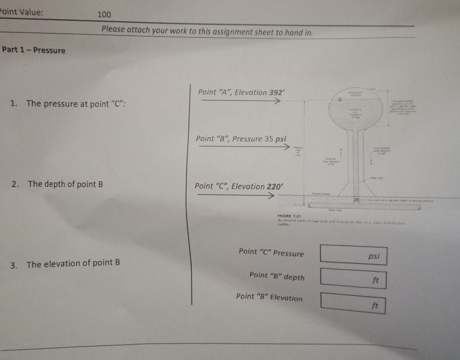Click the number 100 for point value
click(x=104, y=14)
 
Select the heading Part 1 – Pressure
click(x=33, y=50)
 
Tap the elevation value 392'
click(x=277, y=92)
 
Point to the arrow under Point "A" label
click(x=240, y=100)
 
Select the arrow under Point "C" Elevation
click(x=236, y=195)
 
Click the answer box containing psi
click(x=353, y=255)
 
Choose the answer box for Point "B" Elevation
click(x=353, y=303)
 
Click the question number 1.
click(x=13, y=103)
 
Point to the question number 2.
click(x=15, y=184)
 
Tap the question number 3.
click(x=13, y=265)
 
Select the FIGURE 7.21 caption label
click(x=289, y=216)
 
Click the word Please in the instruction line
click(x=113, y=29)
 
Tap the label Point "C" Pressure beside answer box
click(x=271, y=253)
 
